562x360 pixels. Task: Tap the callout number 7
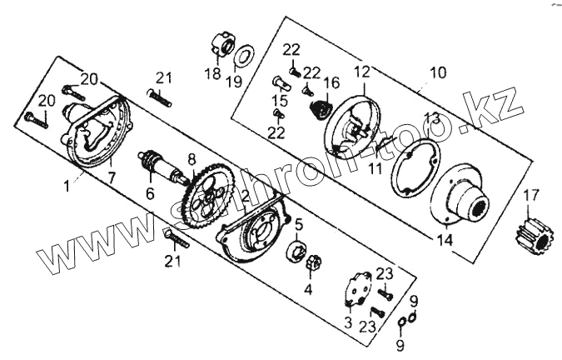pyautogui.click(x=112, y=177)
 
